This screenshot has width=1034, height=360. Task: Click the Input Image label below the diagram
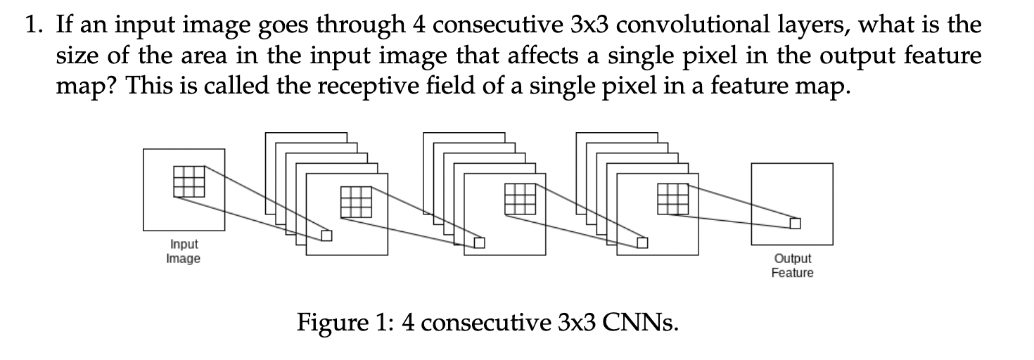click(x=183, y=251)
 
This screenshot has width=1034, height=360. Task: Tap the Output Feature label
click(x=792, y=266)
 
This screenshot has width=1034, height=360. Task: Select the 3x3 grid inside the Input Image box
click(x=189, y=181)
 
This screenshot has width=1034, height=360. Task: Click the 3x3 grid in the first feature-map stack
click(x=355, y=200)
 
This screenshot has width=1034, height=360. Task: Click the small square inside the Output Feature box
click(x=794, y=223)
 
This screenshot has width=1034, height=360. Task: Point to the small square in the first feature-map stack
click(x=326, y=236)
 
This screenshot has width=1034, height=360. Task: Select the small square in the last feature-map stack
click(x=642, y=243)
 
